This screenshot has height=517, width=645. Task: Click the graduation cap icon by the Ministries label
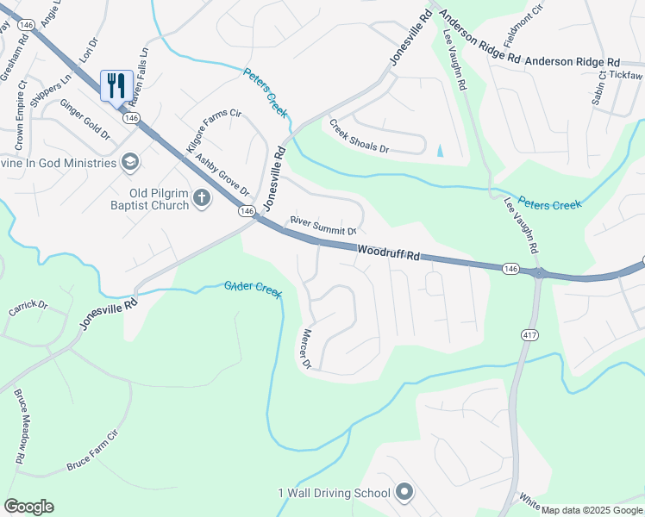[129, 161]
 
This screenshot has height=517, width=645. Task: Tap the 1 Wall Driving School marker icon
[405, 493]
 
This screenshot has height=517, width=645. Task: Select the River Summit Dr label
[323, 226]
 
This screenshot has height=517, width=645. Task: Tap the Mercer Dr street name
[311, 346]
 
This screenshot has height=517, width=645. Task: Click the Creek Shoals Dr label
[358, 136]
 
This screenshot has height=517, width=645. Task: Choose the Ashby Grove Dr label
[222, 174]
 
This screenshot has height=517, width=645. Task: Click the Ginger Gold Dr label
[85, 119]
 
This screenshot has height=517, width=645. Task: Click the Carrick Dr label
[28, 306]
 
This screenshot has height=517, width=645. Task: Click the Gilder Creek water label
[253, 290]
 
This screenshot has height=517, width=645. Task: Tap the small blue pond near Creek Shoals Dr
[441, 151]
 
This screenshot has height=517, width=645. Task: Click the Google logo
[29, 507]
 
